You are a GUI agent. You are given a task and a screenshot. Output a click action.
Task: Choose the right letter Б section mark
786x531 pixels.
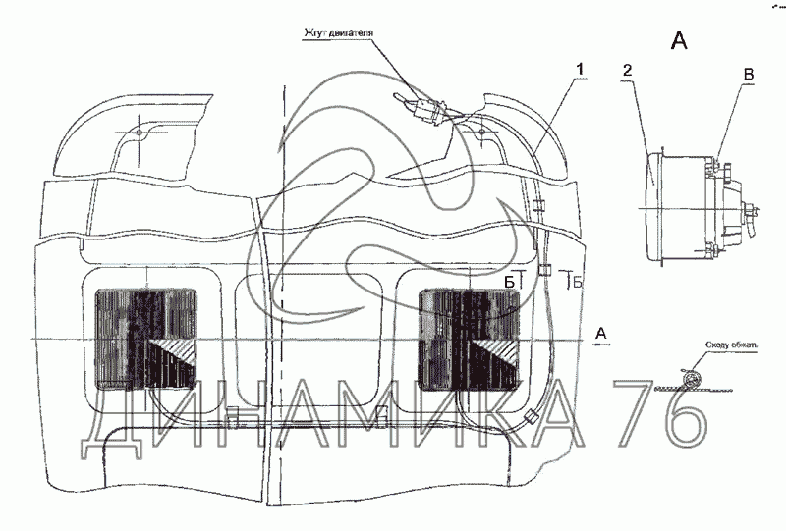(x=578, y=283)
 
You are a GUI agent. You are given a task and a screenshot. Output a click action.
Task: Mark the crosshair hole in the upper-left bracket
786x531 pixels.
(x=140, y=132)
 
